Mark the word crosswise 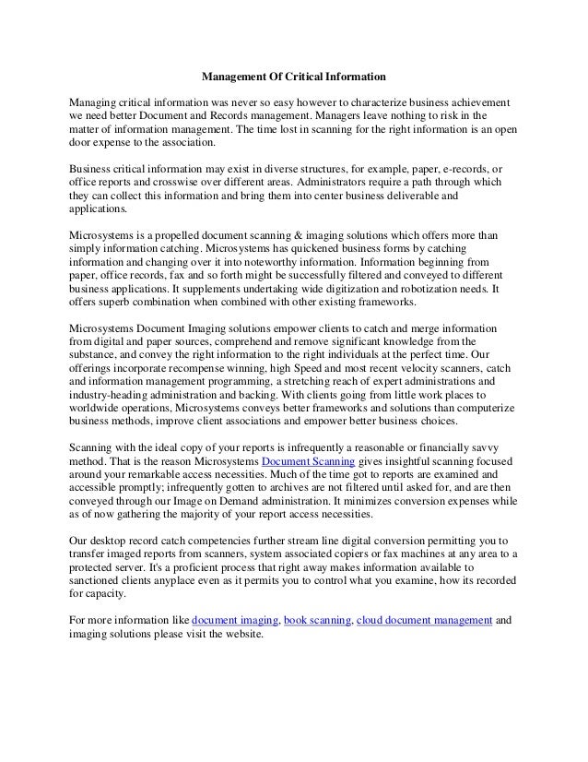pos(167,183)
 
